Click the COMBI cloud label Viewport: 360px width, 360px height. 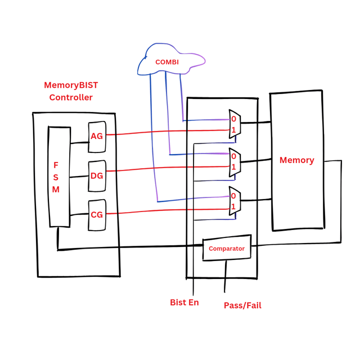[167, 62]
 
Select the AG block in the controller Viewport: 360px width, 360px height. [97, 136]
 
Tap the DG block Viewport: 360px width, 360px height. [97, 175]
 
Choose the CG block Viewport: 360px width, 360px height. [97, 214]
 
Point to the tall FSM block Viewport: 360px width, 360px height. [58, 177]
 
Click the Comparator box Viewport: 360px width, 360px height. [227, 249]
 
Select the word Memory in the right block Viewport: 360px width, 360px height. [296, 160]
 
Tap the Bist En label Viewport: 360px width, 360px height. [184, 303]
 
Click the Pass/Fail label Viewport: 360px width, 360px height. [242, 305]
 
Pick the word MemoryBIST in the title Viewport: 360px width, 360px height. [71, 85]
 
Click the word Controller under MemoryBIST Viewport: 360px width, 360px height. [71, 97]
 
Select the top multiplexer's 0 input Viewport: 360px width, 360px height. [233, 119]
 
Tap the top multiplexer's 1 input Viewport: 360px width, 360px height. [233, 130]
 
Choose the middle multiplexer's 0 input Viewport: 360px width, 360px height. [233, 156]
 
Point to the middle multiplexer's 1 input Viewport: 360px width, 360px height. [233, 166]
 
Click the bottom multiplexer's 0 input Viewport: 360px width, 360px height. [233, 196]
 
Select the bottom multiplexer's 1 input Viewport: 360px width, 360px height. [233, 207]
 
